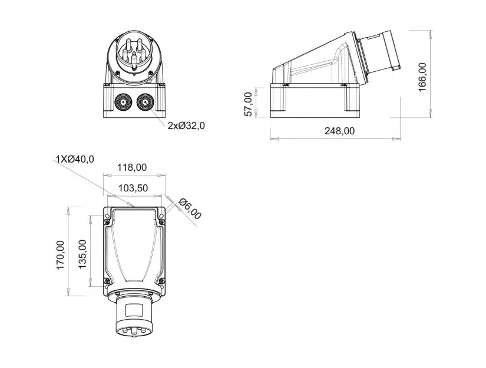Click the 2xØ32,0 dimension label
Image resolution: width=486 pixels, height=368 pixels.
[x=186, y=125]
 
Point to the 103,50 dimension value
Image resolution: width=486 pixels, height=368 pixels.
[x=133, y=188]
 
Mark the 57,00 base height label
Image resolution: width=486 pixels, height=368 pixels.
[x=248, y=104]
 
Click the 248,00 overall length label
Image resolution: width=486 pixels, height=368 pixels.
[x=340, y=131]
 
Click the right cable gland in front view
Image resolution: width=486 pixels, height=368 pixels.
[x=144, y=103]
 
